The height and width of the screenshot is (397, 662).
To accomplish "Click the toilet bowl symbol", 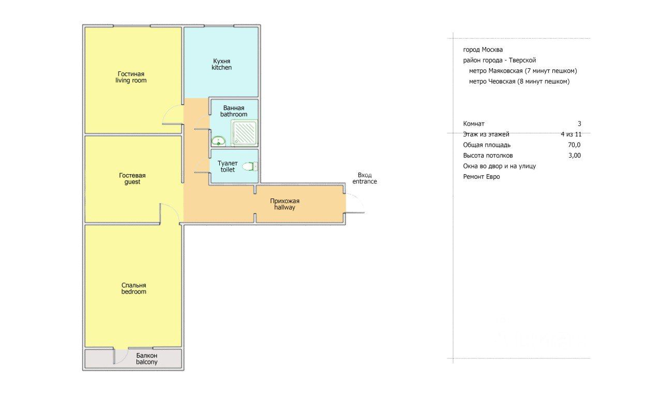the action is tap(250, 166).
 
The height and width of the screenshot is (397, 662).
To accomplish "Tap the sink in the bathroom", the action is tap(219, 141).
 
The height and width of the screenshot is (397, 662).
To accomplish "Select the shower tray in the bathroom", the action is tap(245, 133).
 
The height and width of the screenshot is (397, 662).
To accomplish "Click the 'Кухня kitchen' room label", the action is tap(222, 65).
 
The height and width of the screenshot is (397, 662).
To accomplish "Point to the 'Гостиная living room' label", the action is tap(131, 77).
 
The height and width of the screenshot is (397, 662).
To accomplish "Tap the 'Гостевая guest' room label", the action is tap(132, 178).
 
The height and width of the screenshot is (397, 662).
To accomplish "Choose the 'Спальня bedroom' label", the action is tap(133, 288).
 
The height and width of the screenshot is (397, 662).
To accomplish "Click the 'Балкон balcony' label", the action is tap(146, 359).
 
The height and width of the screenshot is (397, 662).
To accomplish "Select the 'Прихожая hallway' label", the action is tap(284, 204).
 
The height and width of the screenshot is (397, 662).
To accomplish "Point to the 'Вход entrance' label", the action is tap(365, 178).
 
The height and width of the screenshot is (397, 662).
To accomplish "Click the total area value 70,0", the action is tap(574, 145).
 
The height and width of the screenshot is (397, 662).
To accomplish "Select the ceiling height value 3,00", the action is tap(575, 156).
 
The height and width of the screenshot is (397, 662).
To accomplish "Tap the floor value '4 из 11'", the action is tap(571, 134).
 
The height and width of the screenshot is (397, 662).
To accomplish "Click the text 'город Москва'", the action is tap(483, 50).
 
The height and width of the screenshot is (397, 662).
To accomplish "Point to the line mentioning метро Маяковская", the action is tap(523, 71).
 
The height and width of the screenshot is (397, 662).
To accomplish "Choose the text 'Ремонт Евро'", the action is tap(482, 177).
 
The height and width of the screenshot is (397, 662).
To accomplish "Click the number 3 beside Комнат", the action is tap(579, 124).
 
